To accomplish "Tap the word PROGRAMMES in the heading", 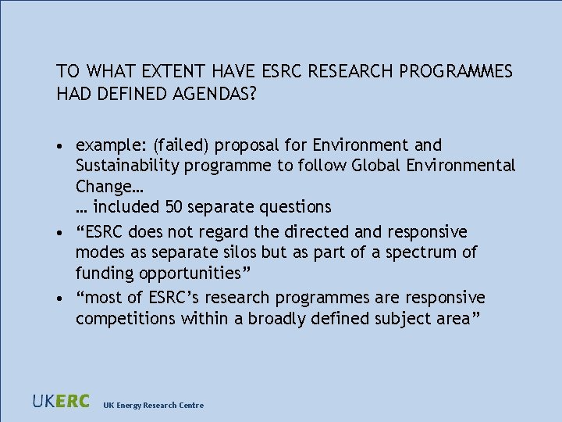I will pos(456,72).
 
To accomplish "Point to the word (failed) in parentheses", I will pos(181,145).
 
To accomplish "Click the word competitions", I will pos(126,319).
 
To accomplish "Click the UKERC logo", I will pos(61,402).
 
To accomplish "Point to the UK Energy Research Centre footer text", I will pos(154,405).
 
